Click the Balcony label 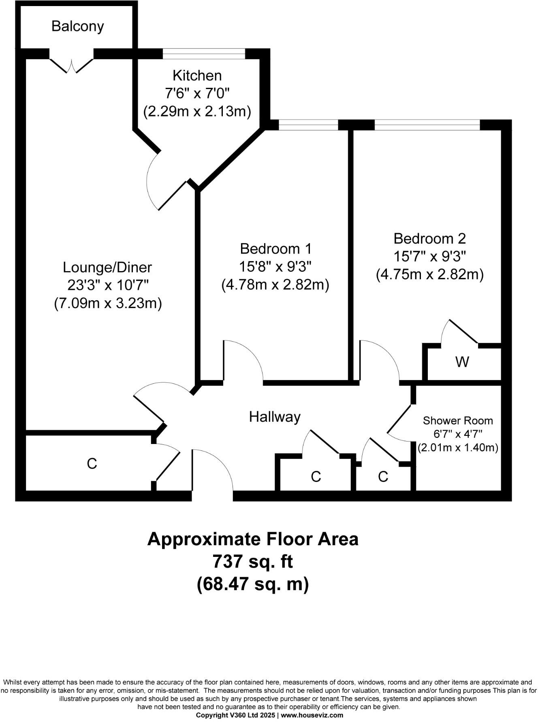(x=78, y=26)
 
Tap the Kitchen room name (x=197, y=76)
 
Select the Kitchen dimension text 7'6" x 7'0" (x=197, y=93)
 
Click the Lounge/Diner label (x=107, y=268)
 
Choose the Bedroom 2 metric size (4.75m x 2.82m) (x=430, y=275)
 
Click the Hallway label (x=275, y=417)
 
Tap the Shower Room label (x=458, y=421)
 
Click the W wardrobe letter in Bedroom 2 (x=462, y=361)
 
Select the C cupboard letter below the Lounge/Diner (x=92, y=464)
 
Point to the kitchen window (x=204, y=54)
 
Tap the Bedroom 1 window (x=308, y=125)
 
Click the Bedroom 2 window (x=427, y=125)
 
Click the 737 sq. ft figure (x=252, y=562)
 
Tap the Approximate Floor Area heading (x=252, y=539)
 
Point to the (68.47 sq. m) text (x=252, y=584)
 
